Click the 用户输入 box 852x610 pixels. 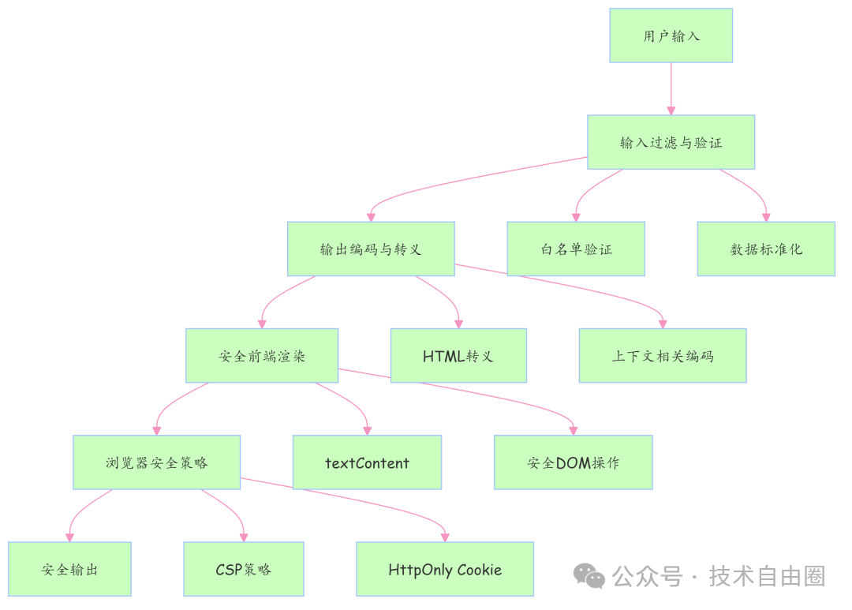[x=671, y=36]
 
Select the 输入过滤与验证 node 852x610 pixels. [x=671, y=142]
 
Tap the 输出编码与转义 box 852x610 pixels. [x=371, y=249]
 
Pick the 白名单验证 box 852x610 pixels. [x=576, y=249]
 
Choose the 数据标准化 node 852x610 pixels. [x=765, y=249]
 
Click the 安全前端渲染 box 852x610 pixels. [x=262, y=356]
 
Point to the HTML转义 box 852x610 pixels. [x=458, y=356]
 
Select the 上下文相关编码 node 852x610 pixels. [x=663, y=356]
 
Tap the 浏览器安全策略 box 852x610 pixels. [x=156, y=462]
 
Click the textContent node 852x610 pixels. [x=367, y=462]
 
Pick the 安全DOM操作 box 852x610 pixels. [x=574, y=462]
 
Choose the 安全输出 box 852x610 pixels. [x=69, y=569]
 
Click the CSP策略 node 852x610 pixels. [x=244, y=569]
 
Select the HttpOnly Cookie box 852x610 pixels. [x=445, y=569]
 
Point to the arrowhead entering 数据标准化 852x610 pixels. [x=765, y=217]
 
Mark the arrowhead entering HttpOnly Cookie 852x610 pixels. [x=445, y=537]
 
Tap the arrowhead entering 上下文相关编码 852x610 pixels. [x=663, y=324]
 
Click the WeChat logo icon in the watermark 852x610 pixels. [x=589, y=576]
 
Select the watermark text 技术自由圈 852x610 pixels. [x=767, y=576]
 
